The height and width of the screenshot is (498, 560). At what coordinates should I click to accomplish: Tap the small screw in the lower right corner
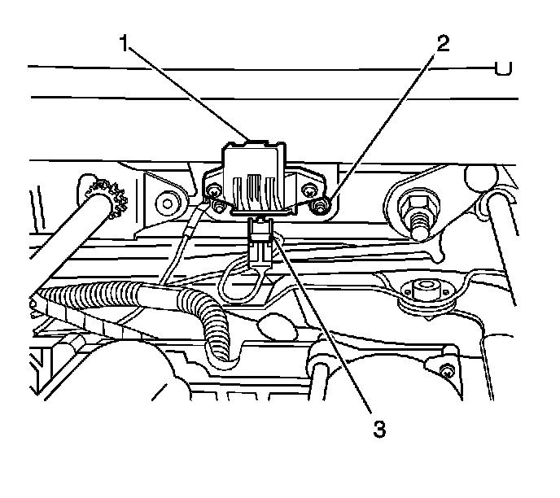[446, 372]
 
